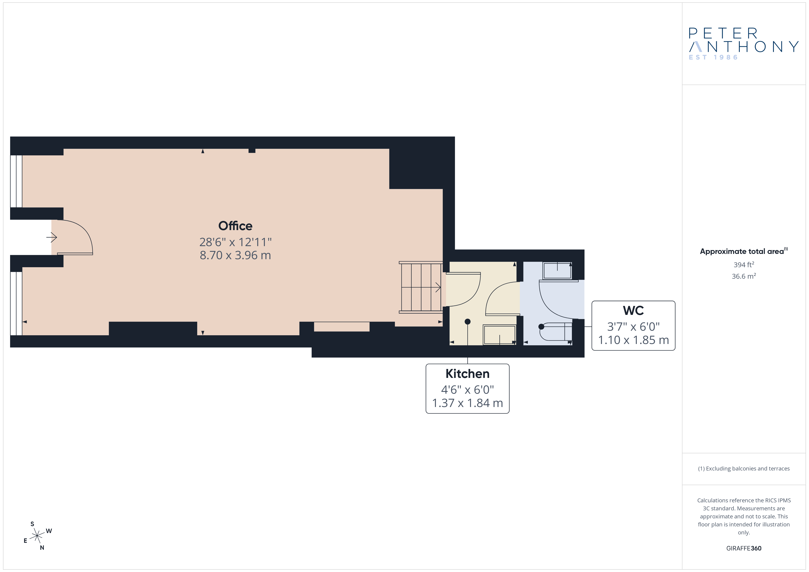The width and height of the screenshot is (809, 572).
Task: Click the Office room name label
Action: tap(235, 226)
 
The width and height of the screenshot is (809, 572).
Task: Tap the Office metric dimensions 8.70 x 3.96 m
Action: tap(235, 255)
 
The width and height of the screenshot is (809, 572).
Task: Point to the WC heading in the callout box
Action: tap(633, 311)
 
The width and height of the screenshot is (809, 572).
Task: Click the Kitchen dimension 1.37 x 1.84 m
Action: tap(467, 403)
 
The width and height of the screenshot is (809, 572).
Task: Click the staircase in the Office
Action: tap(421, 287)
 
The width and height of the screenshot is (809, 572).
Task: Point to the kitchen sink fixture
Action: tap(499, 335)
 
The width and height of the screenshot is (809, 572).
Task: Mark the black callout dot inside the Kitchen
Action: tap(468, 322)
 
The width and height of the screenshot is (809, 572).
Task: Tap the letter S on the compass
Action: tap(32, 524)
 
